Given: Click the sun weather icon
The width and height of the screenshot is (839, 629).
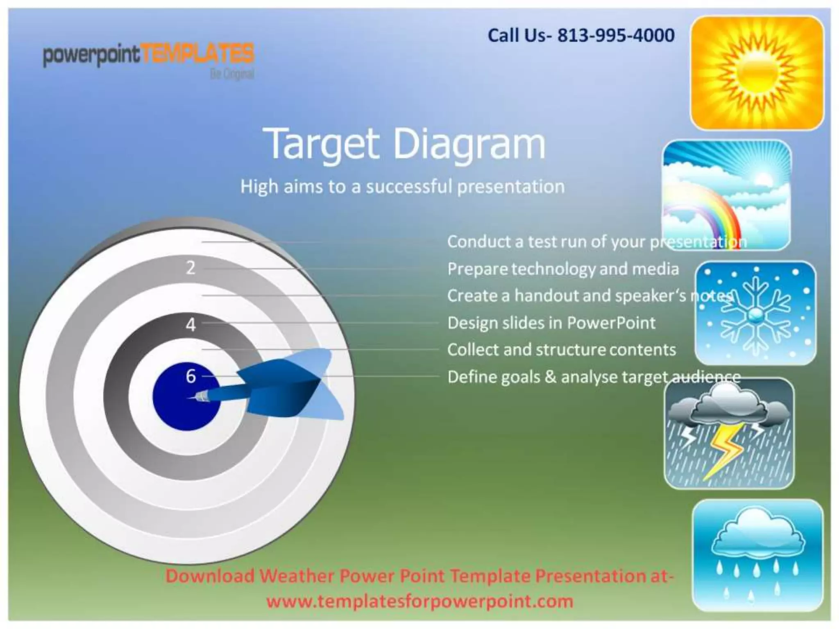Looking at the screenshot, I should (x=757, y=73).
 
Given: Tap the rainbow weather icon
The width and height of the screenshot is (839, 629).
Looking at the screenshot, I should (x=726, y=195).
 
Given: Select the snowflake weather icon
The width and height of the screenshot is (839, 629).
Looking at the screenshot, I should (x=755, y=313).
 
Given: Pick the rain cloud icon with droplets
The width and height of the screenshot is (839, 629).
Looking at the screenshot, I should (x=757, y=555).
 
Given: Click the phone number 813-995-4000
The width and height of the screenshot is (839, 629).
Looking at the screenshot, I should (x=616, y=36).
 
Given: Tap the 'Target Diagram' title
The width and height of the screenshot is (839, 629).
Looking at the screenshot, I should (x=406, y=144).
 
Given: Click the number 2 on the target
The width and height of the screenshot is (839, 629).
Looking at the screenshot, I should (x=190, y=268).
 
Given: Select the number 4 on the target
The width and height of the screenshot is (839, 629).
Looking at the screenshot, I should (x=190, y=325).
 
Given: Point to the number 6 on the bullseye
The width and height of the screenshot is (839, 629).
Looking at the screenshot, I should (x=190, y=376).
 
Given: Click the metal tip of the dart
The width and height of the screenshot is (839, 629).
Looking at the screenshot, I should (x=201, y=396).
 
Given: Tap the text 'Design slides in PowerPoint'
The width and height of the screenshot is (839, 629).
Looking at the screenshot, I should (x=551, y=323).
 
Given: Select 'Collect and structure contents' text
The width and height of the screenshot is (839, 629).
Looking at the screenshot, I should (x=561, y=350).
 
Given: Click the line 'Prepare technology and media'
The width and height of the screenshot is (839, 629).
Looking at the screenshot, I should (x=563, y=269).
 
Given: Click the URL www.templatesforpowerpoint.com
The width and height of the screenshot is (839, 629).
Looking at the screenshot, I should (x=419, y=601).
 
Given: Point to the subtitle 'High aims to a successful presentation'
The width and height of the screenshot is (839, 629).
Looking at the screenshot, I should (x=402, y=187).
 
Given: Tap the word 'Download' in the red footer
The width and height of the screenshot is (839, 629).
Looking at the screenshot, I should (x=210, y=576).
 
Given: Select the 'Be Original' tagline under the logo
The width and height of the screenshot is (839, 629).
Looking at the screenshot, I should (x=232, y=74).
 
